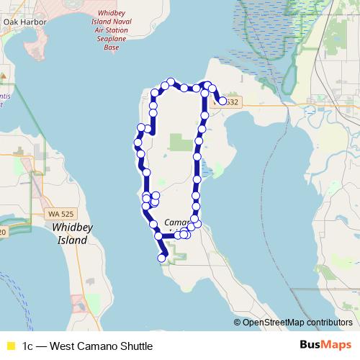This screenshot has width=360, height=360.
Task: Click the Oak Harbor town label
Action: [24, 22]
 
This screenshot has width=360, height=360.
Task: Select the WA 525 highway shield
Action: [60, 215]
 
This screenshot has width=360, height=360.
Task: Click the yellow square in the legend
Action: [11, 346]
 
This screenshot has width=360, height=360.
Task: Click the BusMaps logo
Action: [325, 346]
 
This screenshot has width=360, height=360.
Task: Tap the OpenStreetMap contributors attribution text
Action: [297, 323]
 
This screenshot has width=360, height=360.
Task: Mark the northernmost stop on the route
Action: [171, 82]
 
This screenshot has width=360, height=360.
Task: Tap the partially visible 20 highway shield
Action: [2, 232]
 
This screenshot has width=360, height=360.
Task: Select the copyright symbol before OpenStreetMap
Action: [238, 323]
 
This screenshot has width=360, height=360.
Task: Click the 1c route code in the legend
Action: [27, 346]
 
